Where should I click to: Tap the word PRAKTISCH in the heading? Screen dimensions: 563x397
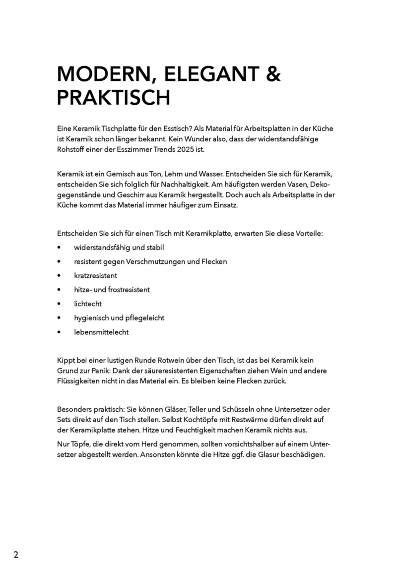pyautogui.click(x=114, y=98)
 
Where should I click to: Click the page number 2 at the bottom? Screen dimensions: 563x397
pyautogui.click(x=16, y=555)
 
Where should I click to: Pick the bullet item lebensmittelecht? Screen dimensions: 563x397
pyautogui.click(x=101, y=332)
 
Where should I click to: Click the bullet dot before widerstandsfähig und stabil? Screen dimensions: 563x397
pyautogui.click(x=59, y=247)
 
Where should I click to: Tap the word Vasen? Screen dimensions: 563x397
pyautogui.click(x=297, y=184)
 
